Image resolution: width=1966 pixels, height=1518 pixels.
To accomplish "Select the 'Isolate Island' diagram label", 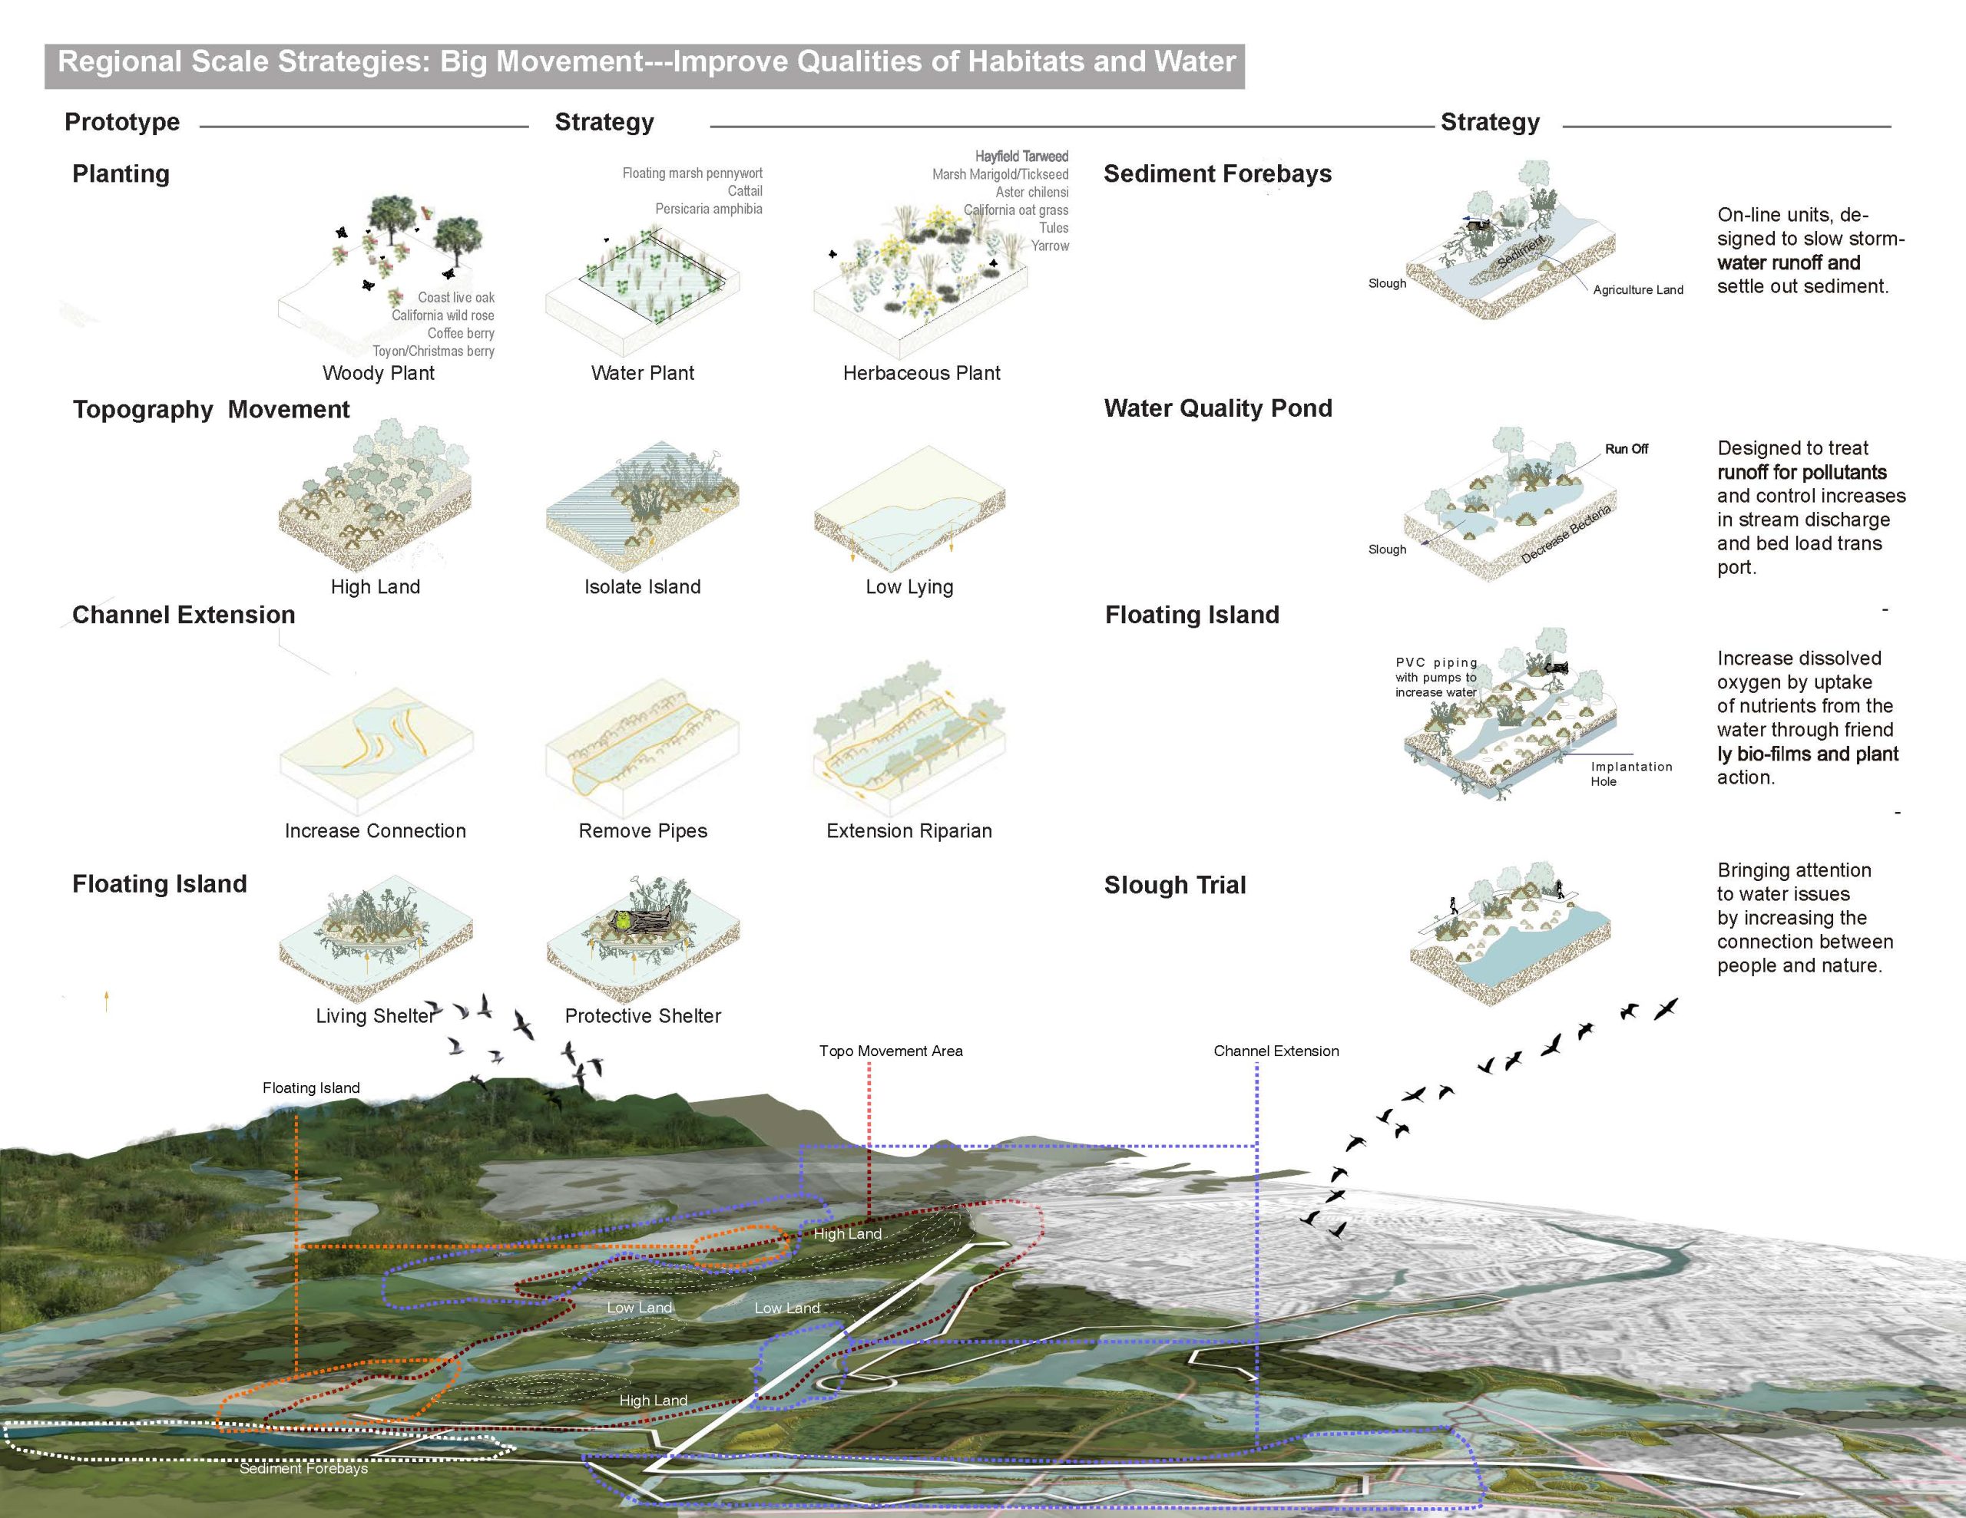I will [x=642, y=586].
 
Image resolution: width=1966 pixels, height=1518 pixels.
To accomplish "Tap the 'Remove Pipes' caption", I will [x=643, y=830].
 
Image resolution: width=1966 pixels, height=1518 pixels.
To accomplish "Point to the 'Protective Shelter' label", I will [x=643, y=1016].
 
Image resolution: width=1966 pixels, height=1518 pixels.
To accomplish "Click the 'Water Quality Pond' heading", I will [x=1218, y=408].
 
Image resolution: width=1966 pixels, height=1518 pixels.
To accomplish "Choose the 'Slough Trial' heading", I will [x=1175, y=886].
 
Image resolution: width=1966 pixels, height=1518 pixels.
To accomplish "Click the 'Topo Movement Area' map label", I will [x=890, y=1051].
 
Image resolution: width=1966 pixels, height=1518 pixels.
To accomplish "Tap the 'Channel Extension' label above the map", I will [x=1276, y=1051].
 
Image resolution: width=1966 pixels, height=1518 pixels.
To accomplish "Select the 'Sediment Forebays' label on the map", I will [x=303, y=1469].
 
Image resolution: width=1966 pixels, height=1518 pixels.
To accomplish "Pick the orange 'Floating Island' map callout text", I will [x=310, y=1088].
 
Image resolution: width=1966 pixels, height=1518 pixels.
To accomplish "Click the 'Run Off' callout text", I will [x=1626, y=449].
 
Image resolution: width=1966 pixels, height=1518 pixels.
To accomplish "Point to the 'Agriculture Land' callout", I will [x=1637, y=290].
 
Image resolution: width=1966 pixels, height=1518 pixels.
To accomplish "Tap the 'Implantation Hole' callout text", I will [x=1630, y=774].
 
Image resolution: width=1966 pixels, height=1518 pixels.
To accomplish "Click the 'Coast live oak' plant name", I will [x=455, y=298].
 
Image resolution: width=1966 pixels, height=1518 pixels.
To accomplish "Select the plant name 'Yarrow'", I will [x=1050, y=246].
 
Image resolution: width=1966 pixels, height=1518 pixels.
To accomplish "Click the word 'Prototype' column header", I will [x=121, y=122].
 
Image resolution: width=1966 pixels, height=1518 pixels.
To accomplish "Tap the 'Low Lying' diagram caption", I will [x=909, y=586].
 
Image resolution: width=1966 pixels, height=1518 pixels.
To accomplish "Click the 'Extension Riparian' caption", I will [x=909, y=830].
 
